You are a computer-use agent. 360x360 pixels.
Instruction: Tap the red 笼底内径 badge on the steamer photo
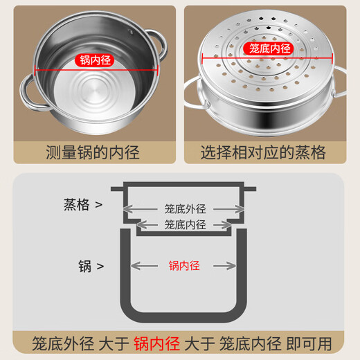point(271,49)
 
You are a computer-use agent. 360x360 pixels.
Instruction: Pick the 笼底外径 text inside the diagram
point(186,209)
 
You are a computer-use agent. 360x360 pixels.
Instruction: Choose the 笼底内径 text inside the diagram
point(186,224)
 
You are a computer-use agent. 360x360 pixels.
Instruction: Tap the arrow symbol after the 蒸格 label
point(100,205)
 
